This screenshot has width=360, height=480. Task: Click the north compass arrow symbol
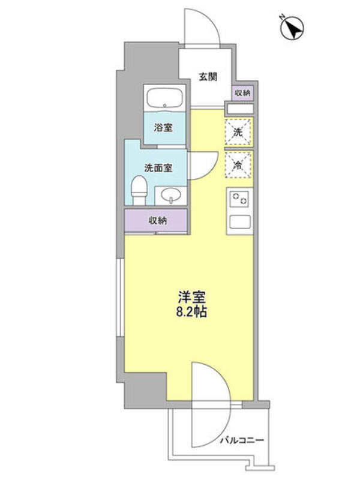(x=292, y=28)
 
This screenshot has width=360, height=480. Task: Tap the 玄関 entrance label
(x=208, y=77)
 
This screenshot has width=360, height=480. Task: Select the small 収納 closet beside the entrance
(x=243, y=93)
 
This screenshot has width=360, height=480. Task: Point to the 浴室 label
(x=163, y=128)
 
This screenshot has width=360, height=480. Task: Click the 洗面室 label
(x=158, y=168)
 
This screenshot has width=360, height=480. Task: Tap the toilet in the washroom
(x=139, y=190)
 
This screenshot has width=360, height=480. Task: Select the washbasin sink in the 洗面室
(x=170, y=196)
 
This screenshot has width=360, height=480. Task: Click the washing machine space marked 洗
(x=238, y=132)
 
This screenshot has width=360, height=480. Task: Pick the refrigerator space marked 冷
(x=238, y=164)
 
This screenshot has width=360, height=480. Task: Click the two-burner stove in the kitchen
(x=239, y=199)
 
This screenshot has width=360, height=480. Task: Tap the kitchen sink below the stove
(x=240, y=221)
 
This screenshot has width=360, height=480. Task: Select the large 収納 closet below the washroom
(x=156, y=220)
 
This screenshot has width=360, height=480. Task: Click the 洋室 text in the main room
(x=191, y=296)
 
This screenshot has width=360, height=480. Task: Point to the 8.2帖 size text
(x=191, y=311)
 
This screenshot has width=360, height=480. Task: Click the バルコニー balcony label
(x=242, y=441)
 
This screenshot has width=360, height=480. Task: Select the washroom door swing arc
(x=211, y=169)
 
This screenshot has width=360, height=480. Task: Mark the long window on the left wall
(x=120, y=298)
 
